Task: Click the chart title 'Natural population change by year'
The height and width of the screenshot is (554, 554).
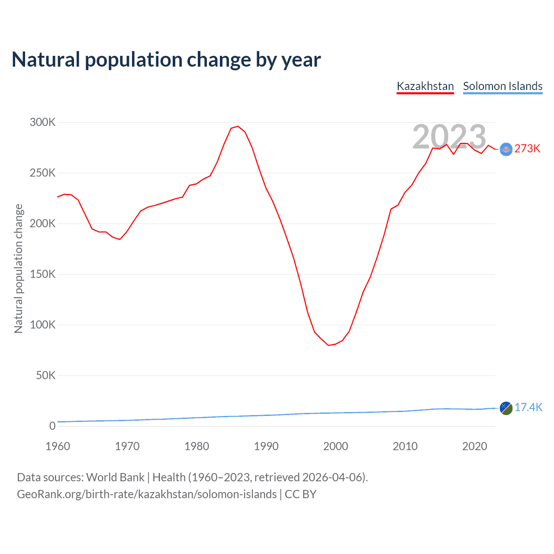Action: (x=166, y=60)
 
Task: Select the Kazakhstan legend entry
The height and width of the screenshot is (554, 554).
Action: (x=425, y=86)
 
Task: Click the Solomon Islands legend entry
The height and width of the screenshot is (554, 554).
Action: (x=502, y=86)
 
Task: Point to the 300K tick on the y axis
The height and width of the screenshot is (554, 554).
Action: (x=43, y=122)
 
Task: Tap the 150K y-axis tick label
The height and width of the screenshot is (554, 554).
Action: (x=43, y=274)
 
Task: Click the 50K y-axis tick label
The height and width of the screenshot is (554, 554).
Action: (x=45, y=375)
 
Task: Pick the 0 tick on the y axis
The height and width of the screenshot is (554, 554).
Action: (x=52, y=426)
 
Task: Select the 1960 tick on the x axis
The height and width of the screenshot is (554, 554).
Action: (x=58, y=446)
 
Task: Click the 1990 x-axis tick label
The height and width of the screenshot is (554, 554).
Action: (x=266, y=446)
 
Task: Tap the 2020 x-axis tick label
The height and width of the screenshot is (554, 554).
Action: (x=475, y=446)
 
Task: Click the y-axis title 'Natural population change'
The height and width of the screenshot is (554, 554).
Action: (x=18, y=269)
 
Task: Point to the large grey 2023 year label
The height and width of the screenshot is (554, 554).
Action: (x=449, y=137)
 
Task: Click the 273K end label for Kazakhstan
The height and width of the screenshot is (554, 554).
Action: (x=528, y=149)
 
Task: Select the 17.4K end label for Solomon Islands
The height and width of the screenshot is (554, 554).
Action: (x=528, y=408)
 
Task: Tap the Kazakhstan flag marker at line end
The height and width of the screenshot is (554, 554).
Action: (x=506, y=149)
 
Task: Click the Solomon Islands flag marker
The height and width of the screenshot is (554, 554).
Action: (x=506, y=408)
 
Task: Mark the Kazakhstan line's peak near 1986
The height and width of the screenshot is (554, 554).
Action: (x=238, y=126)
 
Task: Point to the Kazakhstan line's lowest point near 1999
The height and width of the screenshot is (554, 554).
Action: (x=329, y=345)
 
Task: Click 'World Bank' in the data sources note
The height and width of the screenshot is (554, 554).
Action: (x=115, y=477)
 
